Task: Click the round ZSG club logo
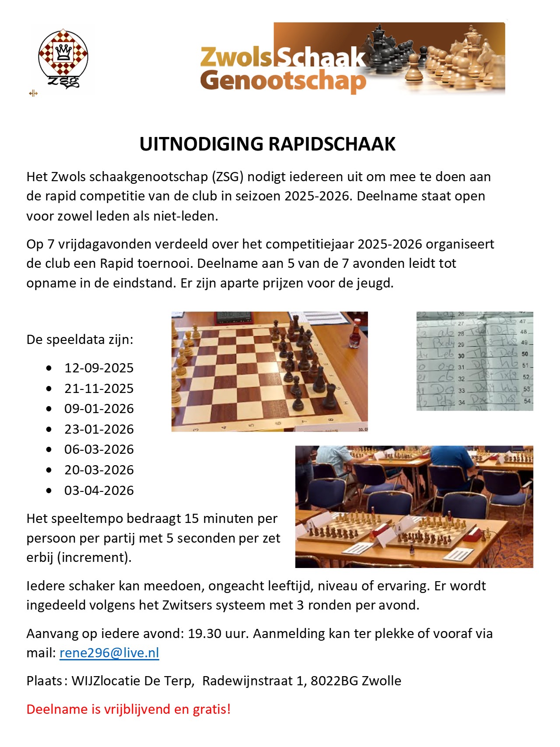click(x=63, y=58)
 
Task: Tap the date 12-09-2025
click(x=99, y=368)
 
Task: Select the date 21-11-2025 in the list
click(x=99, y=389)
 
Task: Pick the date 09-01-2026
click(x=99, y=409)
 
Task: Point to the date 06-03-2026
click(x=99, y=449)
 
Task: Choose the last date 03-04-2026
click(x=99, y=490)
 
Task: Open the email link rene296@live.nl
click(x=109, y=652)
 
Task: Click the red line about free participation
click(x=128, y=709)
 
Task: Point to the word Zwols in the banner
click(x=236, y=57)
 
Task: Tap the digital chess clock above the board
click(x=234, y=318)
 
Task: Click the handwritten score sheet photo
click(x=474, y=361)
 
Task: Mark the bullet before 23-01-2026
click(x=49, y=429)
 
